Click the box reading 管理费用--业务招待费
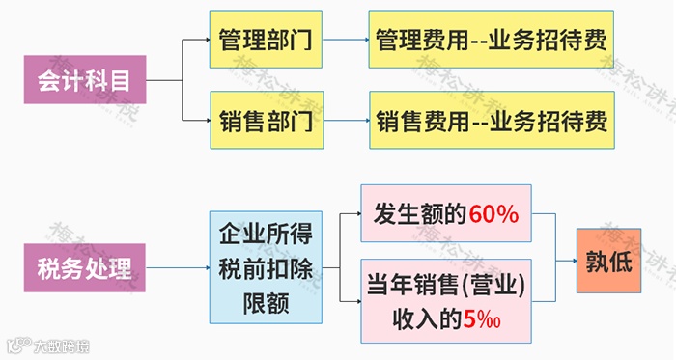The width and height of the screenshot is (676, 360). (492, 40)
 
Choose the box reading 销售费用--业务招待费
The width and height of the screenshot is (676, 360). (492, 122)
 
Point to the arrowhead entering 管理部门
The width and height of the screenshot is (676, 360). (206, 40)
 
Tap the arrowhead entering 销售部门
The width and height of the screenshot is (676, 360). (206, 122)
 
